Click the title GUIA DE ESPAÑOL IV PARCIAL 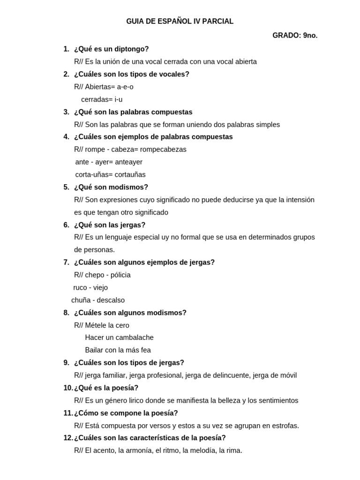click(x=180, y=22)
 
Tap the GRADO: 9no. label click(x=295, y=36)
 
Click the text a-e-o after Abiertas click(x=125, y=87)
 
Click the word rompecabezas click(x=163, y=150)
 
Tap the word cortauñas click(x=130, y=175)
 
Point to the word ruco click(x=81, y=288)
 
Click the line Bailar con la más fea click(x=118, y=350)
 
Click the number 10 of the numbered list click(x=67, y=388)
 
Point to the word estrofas click(x=284, y=426)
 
